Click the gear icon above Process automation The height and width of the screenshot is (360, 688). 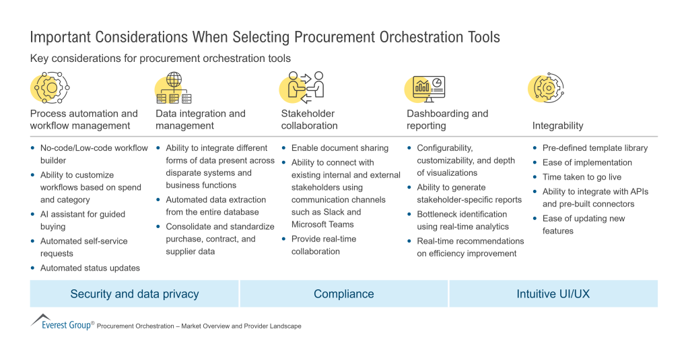(51, 87)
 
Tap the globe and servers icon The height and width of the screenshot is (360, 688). (174, 87)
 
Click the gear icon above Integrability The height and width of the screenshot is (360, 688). (548, 87)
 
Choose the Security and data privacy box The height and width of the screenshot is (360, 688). (134, 294)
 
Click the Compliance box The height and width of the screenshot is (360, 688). (343, 294)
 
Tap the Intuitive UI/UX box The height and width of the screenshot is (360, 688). (553, 294)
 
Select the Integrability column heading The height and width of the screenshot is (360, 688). (557, 126)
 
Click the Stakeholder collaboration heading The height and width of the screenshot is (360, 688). (310, 120)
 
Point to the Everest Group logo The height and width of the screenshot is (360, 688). (62, 322)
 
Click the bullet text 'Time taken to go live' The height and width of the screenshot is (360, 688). (582, 177)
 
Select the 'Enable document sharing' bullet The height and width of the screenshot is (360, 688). (339, 148)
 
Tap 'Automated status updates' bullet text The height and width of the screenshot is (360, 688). (90, 268)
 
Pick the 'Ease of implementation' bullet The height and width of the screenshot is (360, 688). (587, 163)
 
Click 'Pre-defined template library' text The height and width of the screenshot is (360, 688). (595, 148)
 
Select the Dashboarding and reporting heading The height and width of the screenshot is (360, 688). (447, 120)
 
